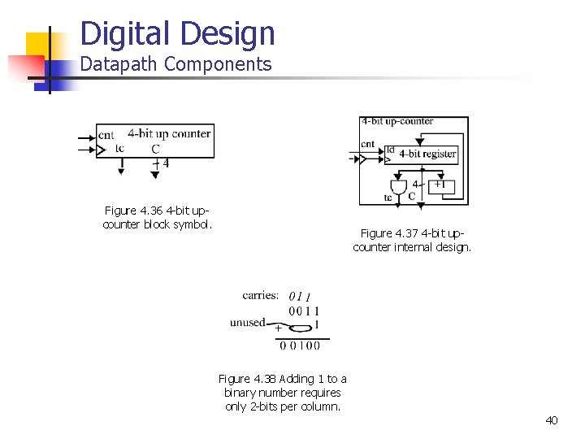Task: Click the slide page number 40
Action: pos(552,420)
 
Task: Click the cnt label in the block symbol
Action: pos(106,134)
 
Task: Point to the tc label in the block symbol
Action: pos(120,147)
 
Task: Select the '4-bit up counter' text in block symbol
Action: pos(169,133)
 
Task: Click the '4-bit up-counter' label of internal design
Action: pos(397,121)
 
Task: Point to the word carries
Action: pos(260,295)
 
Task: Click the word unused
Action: pos(247,323)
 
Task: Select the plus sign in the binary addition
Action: pos(278,328)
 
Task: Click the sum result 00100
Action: pos(300,346)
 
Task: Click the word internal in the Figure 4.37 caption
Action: pos(413,247)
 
